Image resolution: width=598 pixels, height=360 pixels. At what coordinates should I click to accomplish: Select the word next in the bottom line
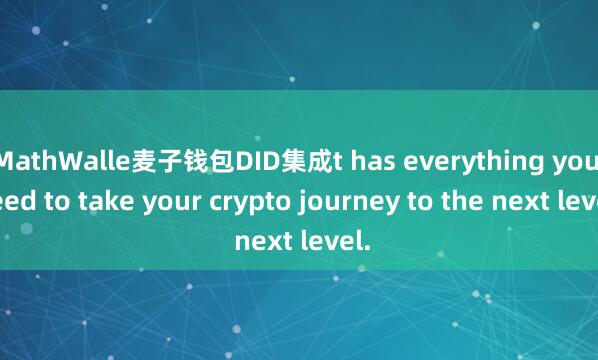click(x=263, y=240)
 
